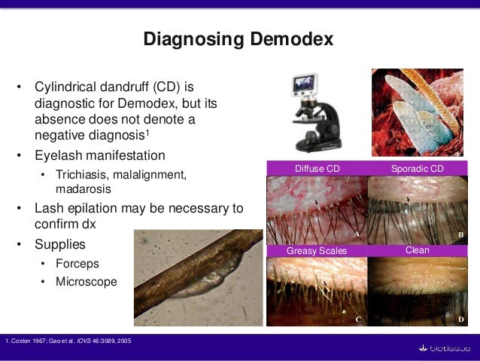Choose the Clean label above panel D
click(417, 249)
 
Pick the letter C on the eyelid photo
click(358, 320)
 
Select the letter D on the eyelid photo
click(460, 320)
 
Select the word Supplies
click(59, 245)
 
